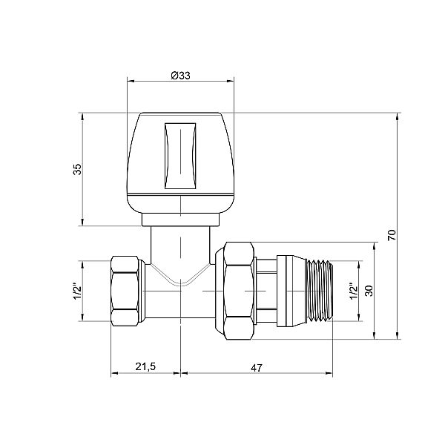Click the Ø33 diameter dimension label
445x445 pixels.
click(180, 76)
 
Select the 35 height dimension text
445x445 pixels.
click(77, 169)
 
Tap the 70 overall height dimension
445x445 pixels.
click(392, 235)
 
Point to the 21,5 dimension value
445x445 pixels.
click(145, 366)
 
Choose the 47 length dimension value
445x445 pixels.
click(257, 368)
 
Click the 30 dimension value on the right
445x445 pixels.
click(369, 291)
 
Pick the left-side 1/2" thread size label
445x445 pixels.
click(77, 291)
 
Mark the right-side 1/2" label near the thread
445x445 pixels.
click(353, 291)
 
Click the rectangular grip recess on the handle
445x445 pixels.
click(180, 156)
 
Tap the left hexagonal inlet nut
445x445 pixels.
click(125, 291)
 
